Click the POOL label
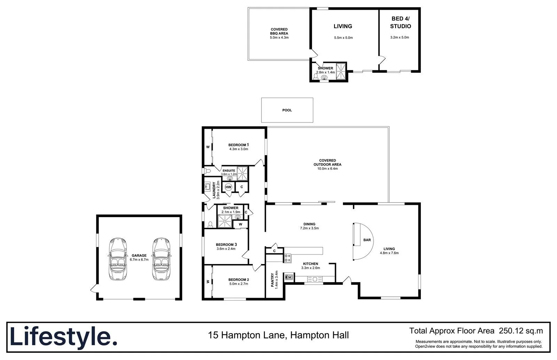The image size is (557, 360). [x=287, y=110]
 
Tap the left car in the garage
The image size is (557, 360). [x=118, y=259]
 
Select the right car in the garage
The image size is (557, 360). [x=160, y=259]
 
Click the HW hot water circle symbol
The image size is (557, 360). [x=228, y=187]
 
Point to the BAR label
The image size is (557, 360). [x=367, y=240]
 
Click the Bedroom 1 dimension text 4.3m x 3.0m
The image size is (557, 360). [x=238, y=149]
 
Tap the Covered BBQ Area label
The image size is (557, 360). [x=279, y=31]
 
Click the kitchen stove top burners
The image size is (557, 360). [x=288, y=258]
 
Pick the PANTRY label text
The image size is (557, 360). [x=273, y=279]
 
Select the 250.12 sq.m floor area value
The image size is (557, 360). [x=521, y=330]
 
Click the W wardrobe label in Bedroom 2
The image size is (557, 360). [x=208, y=282]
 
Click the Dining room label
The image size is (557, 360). [x=309, y=224]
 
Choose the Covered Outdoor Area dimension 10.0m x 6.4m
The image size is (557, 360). [x=327, y=169]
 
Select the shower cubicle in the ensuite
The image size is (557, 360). [x=242, y=171]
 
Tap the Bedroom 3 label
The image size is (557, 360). [x=226, y=245]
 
